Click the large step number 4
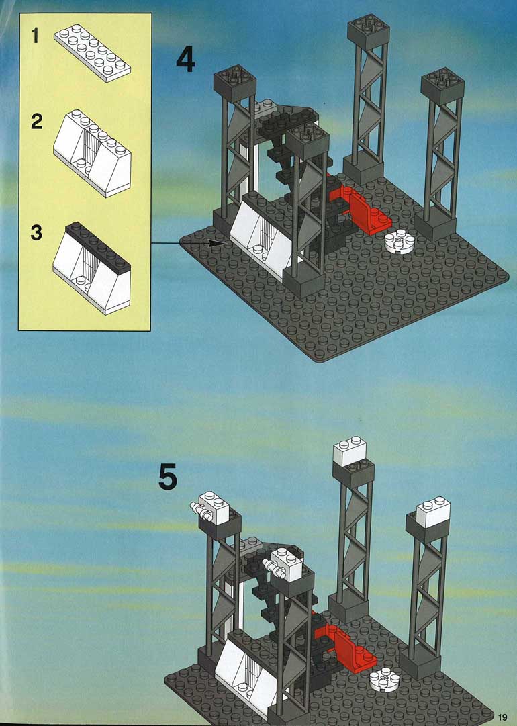click(x=185, y=60)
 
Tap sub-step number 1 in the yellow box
click(x=35, y=36)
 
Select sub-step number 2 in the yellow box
click(x=36, y=122)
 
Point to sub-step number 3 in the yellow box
click(x=36, y=232)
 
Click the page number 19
click(x=502, y=717)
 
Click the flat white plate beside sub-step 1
click(x=92, y=52)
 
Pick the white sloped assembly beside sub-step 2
click(x=92, y=153)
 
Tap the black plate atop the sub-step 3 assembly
click(x=97, y=246)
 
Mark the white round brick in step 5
click(x=384, y=680)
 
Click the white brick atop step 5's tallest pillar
click(x=349, y=451)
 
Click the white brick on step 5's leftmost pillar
click(x=209, y=508)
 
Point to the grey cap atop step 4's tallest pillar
click(x=369, y=32)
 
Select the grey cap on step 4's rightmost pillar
click(x=442, y=87)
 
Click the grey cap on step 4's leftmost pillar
click(x=235, y=83)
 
